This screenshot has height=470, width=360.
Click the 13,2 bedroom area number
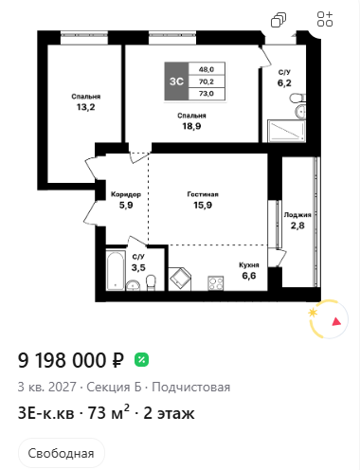pyautogui.click(x=85, y=107)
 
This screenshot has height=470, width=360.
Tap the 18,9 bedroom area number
pyautogui.click(x=191, y=126)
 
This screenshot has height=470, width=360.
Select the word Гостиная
pyautogui.click(x=203, y=194)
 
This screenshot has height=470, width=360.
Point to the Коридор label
pyautogui.click(x=126, y=194)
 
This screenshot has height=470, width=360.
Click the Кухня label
pyautogui.click(x=249, y=265)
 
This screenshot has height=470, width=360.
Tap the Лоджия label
pyautogui.click(x=297, y=215)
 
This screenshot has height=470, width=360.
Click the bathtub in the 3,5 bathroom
pyautogui.click(x=115, y=271)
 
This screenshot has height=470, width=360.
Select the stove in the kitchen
pyautogui.click(x=216, y=283)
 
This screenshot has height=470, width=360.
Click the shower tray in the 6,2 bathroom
pyautogui.click(x=286, y=131)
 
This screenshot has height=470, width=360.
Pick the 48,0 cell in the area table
pyautogui.click(x=207, y=69)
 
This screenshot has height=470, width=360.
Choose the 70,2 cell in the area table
pyautogui.click(x=207, y=81)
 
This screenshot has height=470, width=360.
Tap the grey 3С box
pyautogui.click(x=176, y=81)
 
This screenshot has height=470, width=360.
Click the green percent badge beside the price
pyautogui.click(x=141, y=360)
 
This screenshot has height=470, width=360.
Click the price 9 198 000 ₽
pyautogui.click(x=71, y=360)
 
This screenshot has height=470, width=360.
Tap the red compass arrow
pyautogui.click(x=336, y=321)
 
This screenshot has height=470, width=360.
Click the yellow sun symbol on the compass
pyautogui.click(x=313, y=313)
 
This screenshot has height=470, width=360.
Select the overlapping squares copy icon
pyautogui.click(x=279, y=20)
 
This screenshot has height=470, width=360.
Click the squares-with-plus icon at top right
pyautogui.click(x=325, y=19)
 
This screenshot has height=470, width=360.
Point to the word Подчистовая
pyautogui.click(x=191, y=387)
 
